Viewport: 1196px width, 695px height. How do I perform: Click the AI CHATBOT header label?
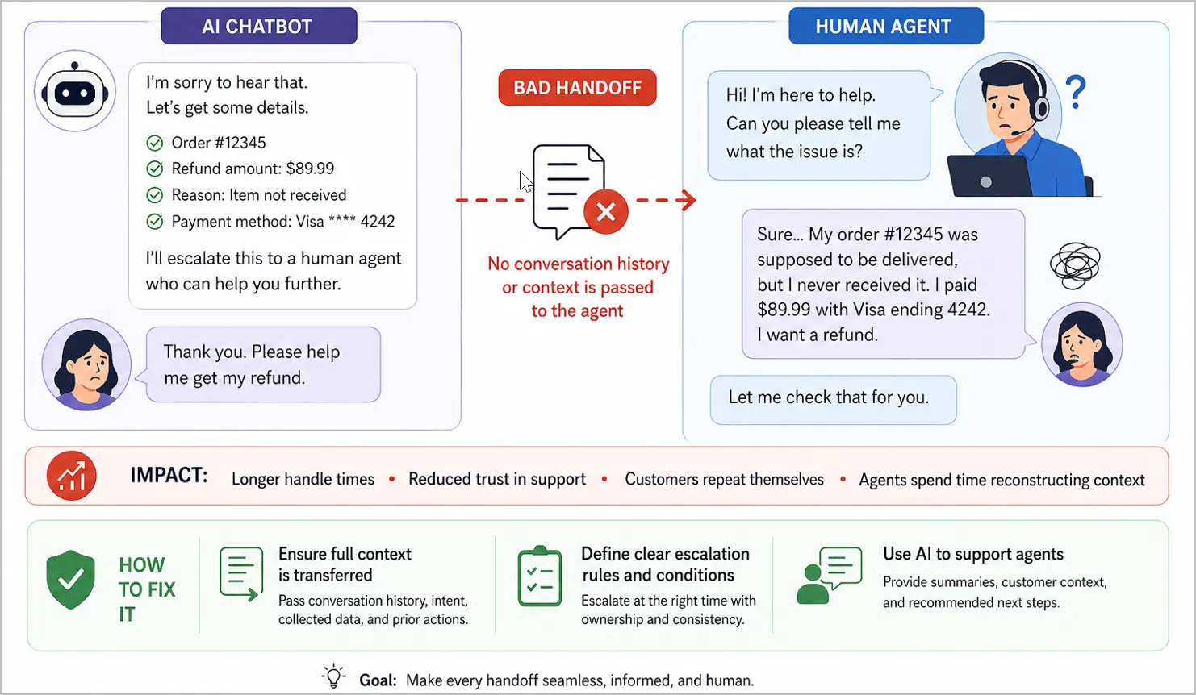coord(258,27)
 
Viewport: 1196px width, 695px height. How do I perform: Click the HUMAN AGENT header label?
coord(884,27)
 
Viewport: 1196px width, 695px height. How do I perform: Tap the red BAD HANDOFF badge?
coord(577,88)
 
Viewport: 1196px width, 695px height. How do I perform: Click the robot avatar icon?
coord(75,91)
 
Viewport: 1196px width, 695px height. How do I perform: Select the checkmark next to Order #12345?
coord(155,144)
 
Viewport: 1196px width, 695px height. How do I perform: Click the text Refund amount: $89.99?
coord(253,169)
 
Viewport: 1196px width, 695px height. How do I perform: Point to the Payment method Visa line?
coord(282,221)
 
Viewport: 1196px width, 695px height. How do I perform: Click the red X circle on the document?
coord(605,212)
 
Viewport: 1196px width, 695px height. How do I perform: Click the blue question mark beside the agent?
coord(1076,92)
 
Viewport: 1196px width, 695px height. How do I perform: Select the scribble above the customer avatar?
coord(1075,265)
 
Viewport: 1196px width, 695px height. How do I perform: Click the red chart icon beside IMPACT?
coord(72,476)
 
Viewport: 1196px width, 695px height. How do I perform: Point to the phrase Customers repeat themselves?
coord(724,480)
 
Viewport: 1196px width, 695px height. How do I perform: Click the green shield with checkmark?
coord(71,580)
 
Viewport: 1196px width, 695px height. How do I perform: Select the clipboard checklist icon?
coord(539,577)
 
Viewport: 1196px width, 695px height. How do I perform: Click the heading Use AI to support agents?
coord(972,554)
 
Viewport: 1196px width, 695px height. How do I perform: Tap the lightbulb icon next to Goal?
coord(333,676)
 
